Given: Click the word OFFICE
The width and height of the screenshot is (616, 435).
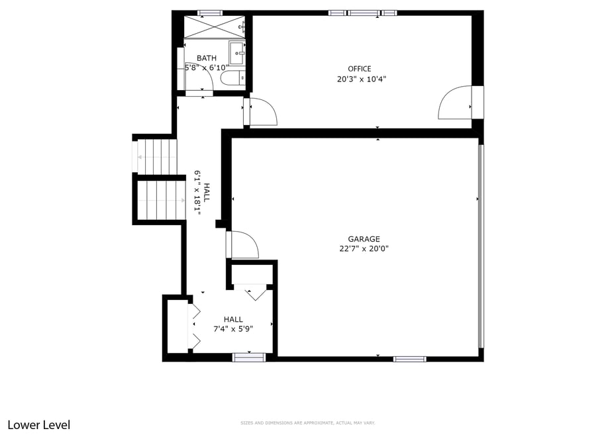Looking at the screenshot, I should coord(360,69).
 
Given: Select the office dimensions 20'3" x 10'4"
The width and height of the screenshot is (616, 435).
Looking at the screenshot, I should coord(361,79).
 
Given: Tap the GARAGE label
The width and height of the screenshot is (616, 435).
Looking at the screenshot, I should coord(364,239).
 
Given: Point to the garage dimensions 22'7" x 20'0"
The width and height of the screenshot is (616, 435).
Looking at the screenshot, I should coord(364,249).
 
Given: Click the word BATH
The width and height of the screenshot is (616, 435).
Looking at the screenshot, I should coord(206,58).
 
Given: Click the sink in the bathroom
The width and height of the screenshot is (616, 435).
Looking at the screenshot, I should coord(237,51).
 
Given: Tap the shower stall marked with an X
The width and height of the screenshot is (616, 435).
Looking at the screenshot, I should coord(213,26).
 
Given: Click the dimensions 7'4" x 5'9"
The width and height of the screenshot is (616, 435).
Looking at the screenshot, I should coord(232,328).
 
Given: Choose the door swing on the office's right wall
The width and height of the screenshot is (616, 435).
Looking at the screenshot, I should coord(455,104).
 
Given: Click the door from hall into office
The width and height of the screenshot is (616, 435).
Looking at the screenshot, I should coord(261,112).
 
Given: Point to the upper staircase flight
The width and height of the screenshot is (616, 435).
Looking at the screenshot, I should coord(157,156).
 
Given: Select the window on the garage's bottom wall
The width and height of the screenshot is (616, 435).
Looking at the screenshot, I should coord(409,359).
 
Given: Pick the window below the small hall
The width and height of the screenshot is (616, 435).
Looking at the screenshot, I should coord(249,358).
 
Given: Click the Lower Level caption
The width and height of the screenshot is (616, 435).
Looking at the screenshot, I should coord(38,425).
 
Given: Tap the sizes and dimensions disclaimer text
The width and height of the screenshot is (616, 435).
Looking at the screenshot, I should coord(307,423).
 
